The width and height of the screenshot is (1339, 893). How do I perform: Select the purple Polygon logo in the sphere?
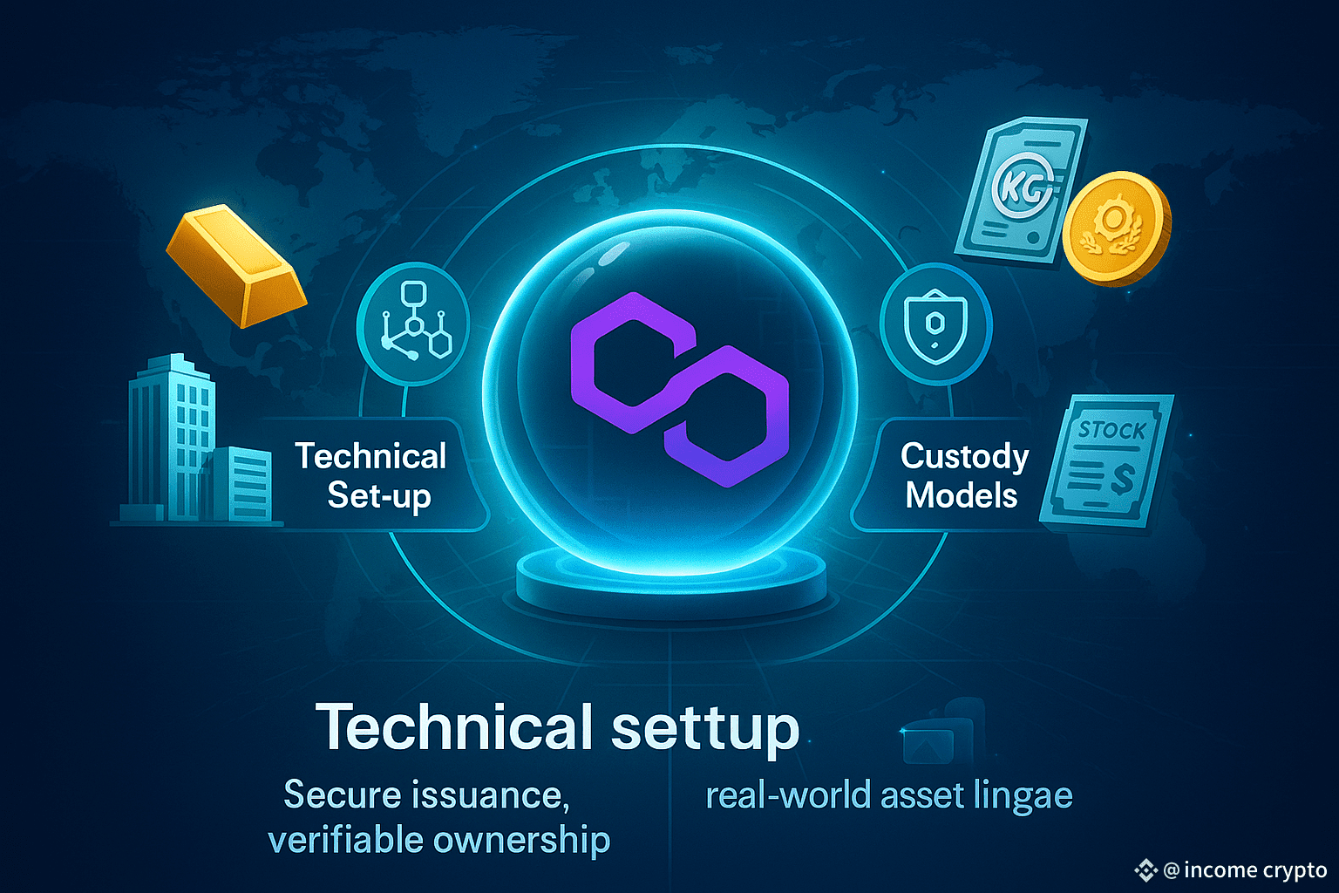(x=679, y=389)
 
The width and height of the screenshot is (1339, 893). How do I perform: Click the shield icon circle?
(x=935, y=324)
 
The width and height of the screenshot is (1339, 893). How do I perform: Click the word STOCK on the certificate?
(x=1111, y=430)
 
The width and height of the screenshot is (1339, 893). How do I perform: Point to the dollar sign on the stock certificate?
(x=1123, y=478)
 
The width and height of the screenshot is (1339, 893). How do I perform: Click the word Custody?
(x=964, y=456)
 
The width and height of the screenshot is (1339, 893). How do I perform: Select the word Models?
(x=962, y=495)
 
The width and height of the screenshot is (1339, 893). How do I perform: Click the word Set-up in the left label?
(x=379, y=496)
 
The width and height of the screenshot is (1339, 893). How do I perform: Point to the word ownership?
(x=521, y=841)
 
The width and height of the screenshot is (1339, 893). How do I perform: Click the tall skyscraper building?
(x=170, y=436)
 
